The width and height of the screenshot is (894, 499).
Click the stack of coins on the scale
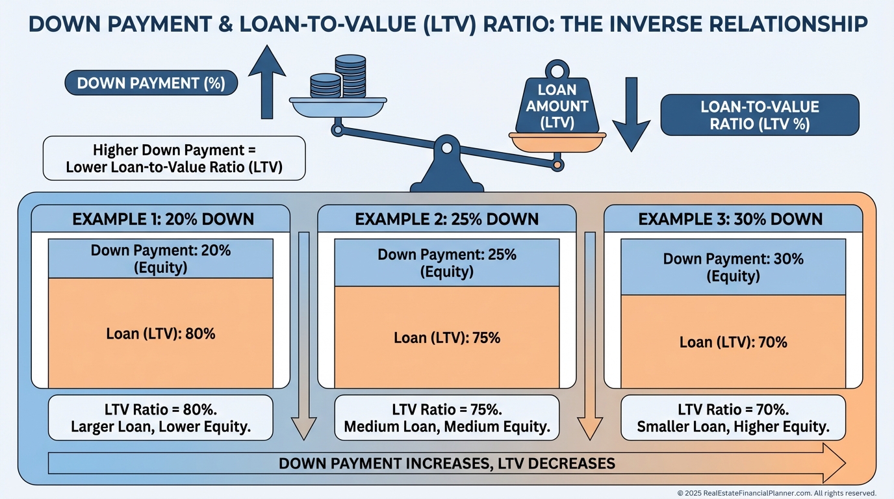click(338, 78)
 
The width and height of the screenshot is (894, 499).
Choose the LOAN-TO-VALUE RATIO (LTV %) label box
click(759, 115)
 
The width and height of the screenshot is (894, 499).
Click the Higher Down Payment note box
click(173, 158)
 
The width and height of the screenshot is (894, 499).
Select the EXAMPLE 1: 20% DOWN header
click(162, 218)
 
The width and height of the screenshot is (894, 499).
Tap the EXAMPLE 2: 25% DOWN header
click(447, 218)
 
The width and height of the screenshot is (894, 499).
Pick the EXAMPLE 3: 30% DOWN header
click(730, 218)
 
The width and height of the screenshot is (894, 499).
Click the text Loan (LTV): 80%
click(160, 334)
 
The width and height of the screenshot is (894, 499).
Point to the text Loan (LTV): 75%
click(447, 338)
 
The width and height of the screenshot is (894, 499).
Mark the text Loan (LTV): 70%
click(733, 342)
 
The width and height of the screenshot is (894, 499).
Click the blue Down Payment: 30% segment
click(733, 267)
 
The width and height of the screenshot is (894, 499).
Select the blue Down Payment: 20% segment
click(160, 259)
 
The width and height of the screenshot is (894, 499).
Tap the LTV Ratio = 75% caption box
click(447, 418)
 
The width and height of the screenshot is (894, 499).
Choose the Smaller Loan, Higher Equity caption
click(733, 427)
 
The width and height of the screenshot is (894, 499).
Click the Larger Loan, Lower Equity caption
click(160, 427)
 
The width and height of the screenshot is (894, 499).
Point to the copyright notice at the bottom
click(776, 493)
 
